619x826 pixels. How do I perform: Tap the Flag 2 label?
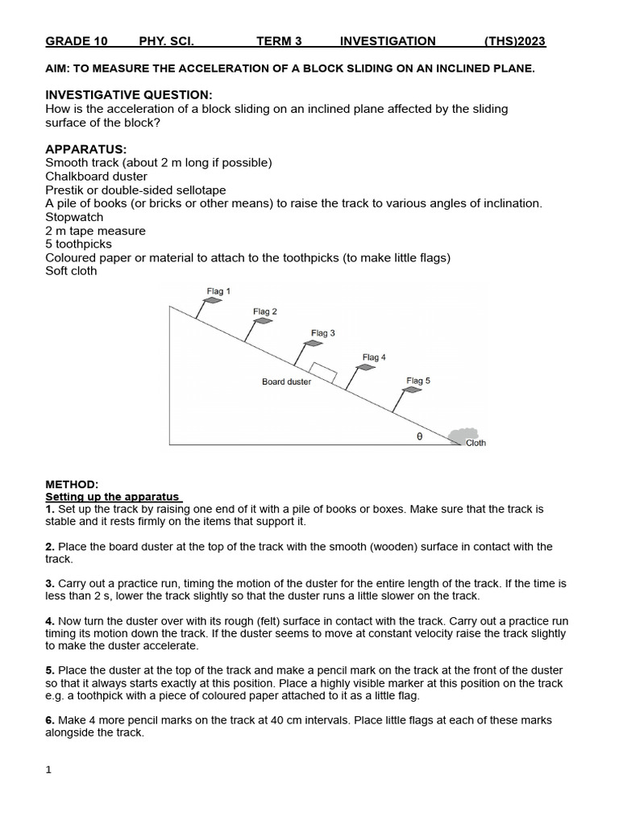click(265, 311)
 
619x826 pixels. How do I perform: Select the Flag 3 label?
click(323, 332)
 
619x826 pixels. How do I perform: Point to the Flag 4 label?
click(374, 357)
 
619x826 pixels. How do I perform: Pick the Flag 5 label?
click(418, 380)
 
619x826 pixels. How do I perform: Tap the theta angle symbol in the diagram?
click(419, 436)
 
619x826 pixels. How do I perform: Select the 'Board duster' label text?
click(286, 382)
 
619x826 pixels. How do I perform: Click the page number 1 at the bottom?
click(48, 770)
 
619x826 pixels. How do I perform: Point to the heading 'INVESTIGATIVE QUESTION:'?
click(129, 95)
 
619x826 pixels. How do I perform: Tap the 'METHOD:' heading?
click(72, 484)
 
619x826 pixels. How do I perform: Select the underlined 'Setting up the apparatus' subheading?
click(114, 497)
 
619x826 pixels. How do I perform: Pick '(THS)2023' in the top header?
click(515, 41)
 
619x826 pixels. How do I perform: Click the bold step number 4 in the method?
click(49, 621)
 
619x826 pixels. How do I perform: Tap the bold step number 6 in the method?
click(49, 720)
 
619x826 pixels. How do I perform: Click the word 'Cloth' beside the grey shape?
click(476, 443)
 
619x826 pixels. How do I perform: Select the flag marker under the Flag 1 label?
click(212, 301)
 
